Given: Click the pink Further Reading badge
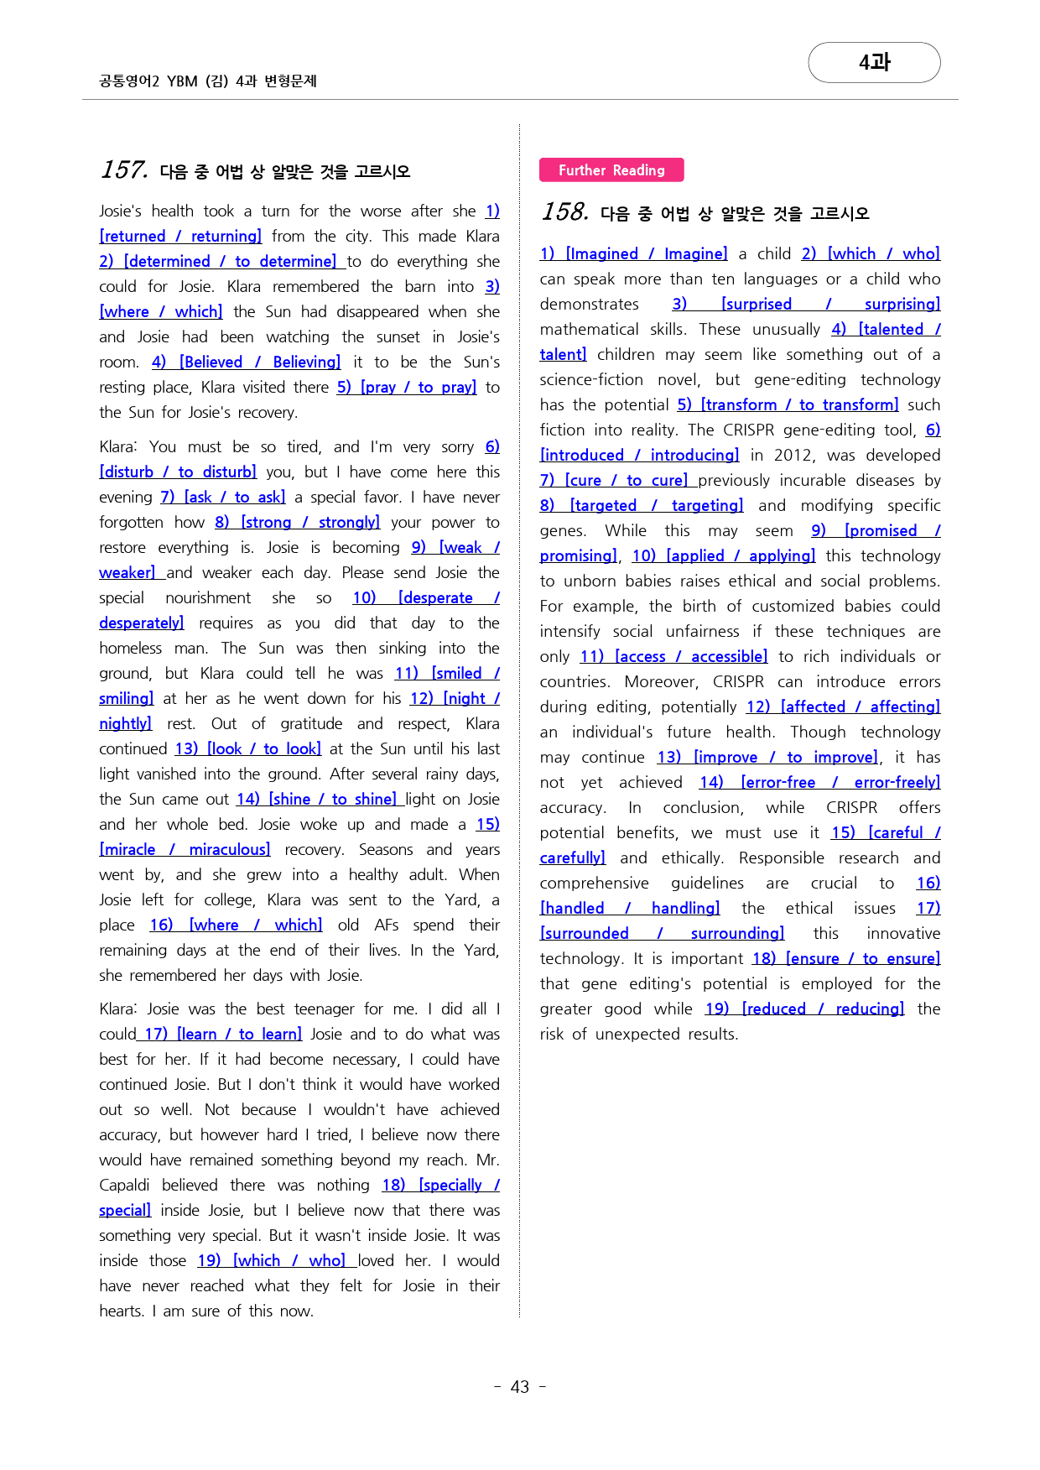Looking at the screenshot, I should pos(611,170).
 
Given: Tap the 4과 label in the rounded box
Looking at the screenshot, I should pos(874,63).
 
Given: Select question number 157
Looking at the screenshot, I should pos(124,170).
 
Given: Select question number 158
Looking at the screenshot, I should pos(565,212).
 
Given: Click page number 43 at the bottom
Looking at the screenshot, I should pos(520,1387).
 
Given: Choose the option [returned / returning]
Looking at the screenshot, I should pos(180,237).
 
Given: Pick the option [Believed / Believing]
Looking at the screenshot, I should pos(260,362).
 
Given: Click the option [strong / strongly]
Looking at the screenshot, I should pos(310,523).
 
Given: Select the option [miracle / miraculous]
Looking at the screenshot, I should pos(185,850).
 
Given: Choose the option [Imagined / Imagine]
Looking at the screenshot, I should pos(647,254).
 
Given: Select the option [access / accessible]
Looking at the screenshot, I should pos(691,657).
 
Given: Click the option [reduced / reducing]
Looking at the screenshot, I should pos(823,1009).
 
